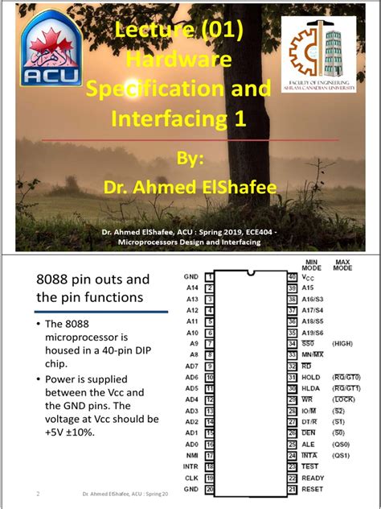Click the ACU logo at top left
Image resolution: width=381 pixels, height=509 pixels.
(x=50, y=50)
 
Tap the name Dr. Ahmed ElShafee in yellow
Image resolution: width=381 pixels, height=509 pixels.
(x=190, y=188)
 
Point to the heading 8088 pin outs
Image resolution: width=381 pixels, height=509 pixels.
(x=93, y=279)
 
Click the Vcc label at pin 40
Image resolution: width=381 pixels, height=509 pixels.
(x=309, y=276)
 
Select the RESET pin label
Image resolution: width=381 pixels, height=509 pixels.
(x=313, y=489)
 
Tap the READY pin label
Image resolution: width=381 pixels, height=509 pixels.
(x=313, y=478)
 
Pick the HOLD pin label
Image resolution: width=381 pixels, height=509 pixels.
(x=311, y=377)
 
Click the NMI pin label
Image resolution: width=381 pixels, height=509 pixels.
(x=191, y=455)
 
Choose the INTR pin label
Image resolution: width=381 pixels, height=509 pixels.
(x=190, y=466)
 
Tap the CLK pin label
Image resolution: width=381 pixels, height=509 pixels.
(x=191, y=478)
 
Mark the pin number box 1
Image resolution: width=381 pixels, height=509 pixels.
(x=208, y=276)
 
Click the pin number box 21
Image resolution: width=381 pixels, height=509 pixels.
(x=293, y=489)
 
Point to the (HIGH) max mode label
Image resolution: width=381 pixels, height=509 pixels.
(x=342, y=343)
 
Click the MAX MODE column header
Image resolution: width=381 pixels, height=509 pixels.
(x=343, y=264)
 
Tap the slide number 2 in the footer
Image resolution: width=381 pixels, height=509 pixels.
(x=38, y=493)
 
